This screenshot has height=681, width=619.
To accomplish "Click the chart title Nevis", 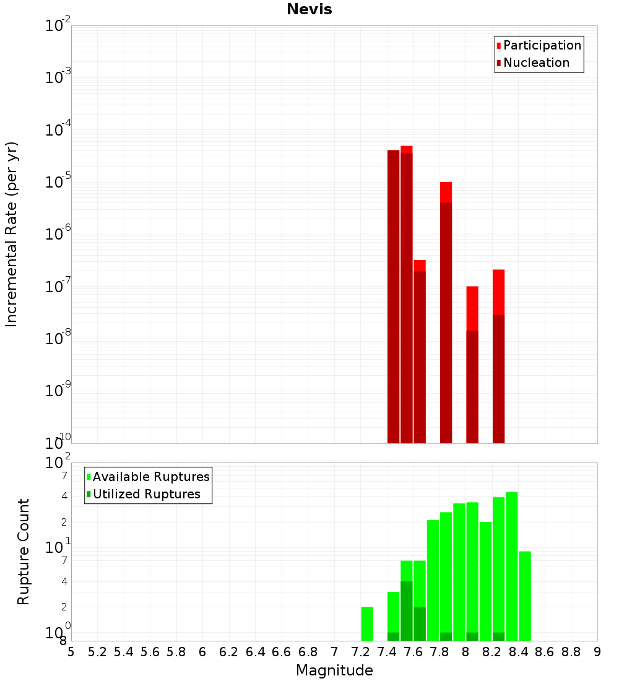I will coord(309,9).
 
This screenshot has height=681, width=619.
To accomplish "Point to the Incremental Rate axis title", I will coord(12,234).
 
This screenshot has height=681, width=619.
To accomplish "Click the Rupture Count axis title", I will coord(24,552).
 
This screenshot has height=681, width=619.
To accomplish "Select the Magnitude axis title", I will coord(334,670).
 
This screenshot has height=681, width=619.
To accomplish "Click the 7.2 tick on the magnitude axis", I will coord(360,652).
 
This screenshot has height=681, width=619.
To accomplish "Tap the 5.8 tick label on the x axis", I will coord(176,652).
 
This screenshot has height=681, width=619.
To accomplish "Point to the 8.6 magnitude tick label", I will coord(545,652).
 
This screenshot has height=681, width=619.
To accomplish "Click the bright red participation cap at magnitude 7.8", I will coord(446,192).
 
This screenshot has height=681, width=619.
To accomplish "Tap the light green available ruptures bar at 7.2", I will coord(367,623).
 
